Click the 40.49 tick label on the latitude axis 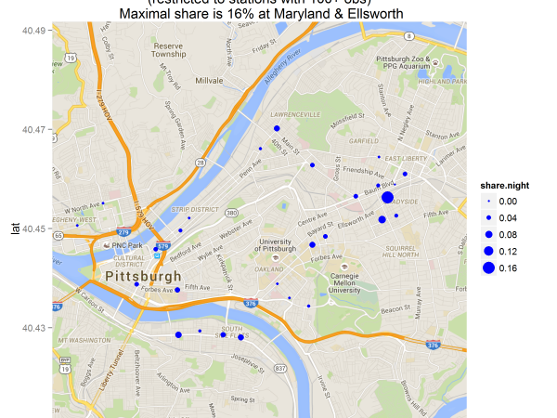(x=34, y=31)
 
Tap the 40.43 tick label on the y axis (x=34, y=327)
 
